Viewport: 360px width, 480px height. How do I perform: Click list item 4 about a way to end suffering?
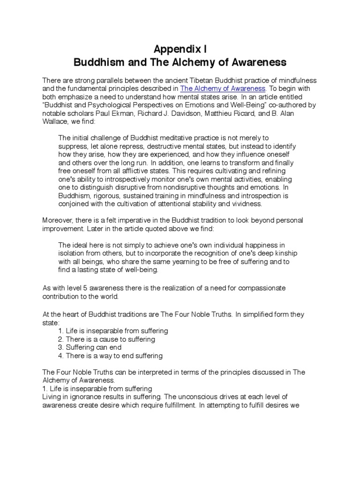click(110, 356)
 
